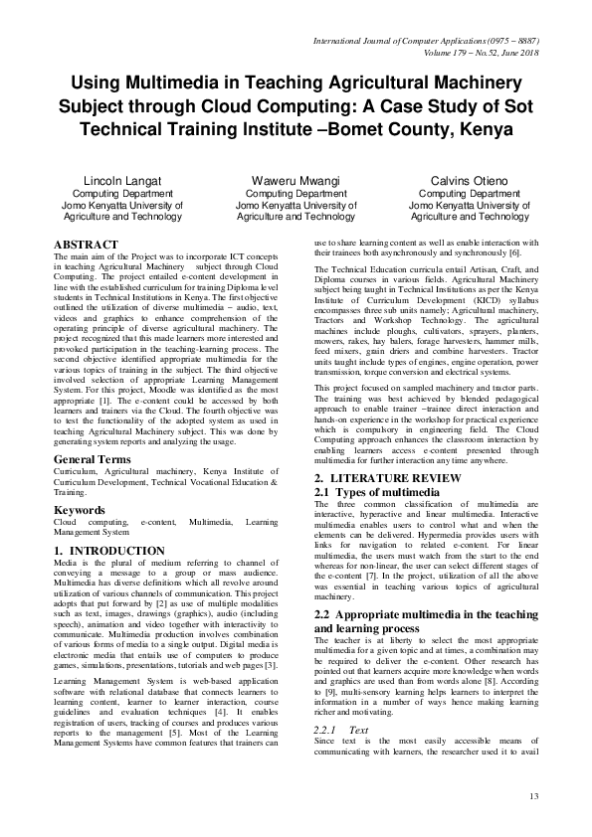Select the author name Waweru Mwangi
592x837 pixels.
click(296, 181)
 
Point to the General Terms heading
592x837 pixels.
click(92, 460)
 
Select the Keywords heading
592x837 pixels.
click(80, 509)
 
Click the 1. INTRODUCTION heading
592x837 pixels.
click(108, 551)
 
